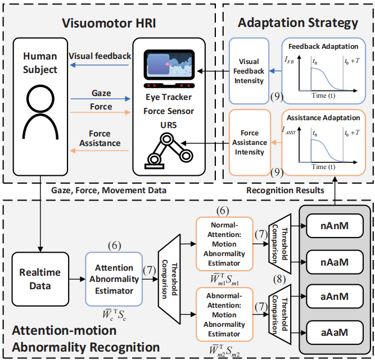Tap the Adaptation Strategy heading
pos(298,23)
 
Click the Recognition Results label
pos(286,190)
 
